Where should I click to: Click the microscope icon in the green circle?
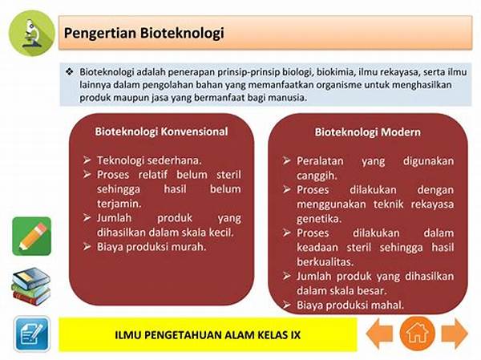click(x=31, y=33)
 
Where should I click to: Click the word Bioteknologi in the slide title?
click(x=182, y=33)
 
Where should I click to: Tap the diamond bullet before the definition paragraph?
click(x=70, y=72)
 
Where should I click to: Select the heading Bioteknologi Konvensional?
click(x=161, y=131)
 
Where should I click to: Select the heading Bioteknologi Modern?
click(x=367, y=132)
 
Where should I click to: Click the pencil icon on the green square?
click(x=32, y=237)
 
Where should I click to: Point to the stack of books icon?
click(x=31, y=286)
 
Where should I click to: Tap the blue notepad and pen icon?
click(x=32, y=334)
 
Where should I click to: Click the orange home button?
click(x=417, y=334)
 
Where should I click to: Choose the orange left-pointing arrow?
click(x=379, y=334)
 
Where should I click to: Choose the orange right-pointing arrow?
click(x=455, y=334)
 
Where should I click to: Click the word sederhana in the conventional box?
click(x=174, y=160)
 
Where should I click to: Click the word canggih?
click(x=317, y=176)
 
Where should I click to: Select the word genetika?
click(x=319, y=219)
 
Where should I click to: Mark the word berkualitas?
click(x=325, y=262)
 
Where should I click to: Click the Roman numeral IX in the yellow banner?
click(x=296, y=335)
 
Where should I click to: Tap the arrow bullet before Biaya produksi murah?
click(x=87, y=246)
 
